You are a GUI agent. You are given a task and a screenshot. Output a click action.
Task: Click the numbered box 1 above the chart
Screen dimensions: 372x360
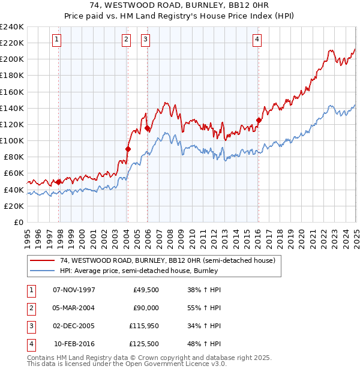tap(56, 40)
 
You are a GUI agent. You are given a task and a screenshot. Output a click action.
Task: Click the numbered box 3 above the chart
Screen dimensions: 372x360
tap(146, 40)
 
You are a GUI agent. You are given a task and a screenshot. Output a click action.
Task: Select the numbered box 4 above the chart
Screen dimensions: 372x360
tap(257, 40)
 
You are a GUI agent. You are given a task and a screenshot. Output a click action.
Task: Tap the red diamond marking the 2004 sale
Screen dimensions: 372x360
tap(128, 149)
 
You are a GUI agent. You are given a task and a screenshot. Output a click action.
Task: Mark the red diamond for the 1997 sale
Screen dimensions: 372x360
tap(58, 182)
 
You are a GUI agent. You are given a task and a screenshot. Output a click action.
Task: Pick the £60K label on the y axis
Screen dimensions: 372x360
tap(13, 173)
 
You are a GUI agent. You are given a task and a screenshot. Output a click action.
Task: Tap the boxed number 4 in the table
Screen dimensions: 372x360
tap(31, 344)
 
